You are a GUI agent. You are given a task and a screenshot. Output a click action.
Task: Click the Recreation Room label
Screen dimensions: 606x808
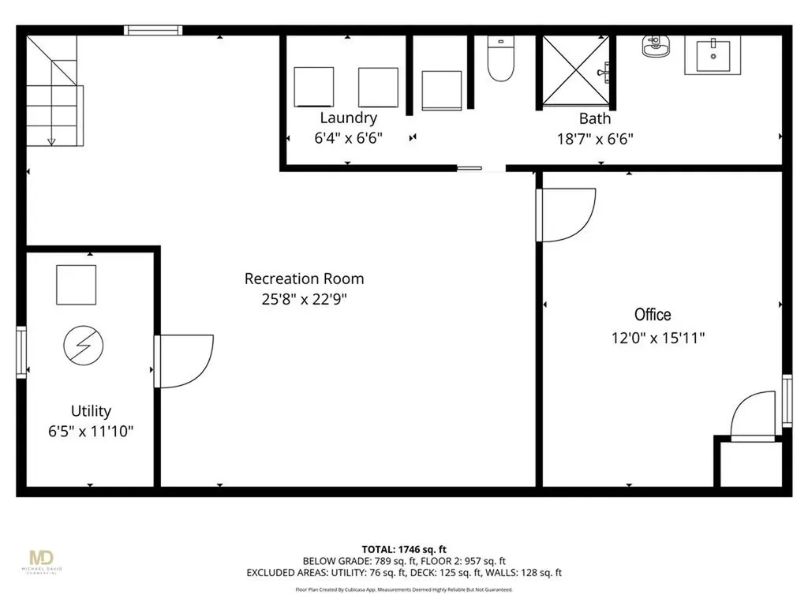click(304, 279)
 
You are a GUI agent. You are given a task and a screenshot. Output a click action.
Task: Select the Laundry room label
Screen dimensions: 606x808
click(348, 118)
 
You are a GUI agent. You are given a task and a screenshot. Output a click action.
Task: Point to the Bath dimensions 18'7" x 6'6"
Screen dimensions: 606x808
click(595, 139)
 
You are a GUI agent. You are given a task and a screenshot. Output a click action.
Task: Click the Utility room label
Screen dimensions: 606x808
click(91, 411)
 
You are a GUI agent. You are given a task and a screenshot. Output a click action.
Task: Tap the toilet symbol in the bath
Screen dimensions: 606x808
click(500, 59)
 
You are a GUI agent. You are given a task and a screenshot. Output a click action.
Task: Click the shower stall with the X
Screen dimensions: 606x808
click(576, 71)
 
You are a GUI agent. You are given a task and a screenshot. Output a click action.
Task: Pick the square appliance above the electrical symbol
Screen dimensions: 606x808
click(77, 284)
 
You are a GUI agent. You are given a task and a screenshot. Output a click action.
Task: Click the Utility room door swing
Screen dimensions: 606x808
click(183, 361)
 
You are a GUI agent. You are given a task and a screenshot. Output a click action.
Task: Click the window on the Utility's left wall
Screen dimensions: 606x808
click(21, 353)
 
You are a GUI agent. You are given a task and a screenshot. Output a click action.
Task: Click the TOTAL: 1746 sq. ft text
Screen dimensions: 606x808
click(403, 548)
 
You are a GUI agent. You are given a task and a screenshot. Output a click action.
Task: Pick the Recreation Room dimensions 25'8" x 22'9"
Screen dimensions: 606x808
click(304, 299)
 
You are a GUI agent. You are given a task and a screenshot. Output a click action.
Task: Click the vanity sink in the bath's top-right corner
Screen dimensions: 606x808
click(713, 55)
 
